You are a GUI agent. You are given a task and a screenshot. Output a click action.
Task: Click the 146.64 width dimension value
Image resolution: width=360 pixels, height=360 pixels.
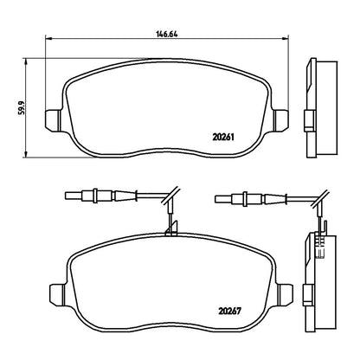point(167,34)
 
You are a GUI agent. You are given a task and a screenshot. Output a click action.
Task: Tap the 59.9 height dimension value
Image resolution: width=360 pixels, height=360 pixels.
point(22,108)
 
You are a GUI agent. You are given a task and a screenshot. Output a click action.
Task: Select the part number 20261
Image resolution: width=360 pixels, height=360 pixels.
point(223,137)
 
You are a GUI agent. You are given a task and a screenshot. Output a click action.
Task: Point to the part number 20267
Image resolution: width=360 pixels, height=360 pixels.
point(229,312)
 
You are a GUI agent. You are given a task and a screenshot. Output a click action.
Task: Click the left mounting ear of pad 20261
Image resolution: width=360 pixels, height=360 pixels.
point(54,121)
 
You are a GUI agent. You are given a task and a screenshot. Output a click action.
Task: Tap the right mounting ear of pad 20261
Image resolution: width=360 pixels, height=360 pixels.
point(280,121)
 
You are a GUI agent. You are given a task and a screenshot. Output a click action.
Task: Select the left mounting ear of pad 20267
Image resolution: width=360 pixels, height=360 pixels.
point(59,295)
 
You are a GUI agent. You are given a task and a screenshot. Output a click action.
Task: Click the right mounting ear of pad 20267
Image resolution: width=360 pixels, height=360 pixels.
point(285,295)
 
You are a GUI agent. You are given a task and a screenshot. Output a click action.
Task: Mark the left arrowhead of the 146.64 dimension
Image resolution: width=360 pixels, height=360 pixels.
point(48,38)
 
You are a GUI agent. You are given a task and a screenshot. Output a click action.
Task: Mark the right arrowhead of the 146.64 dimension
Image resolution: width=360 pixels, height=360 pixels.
point(286,38)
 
